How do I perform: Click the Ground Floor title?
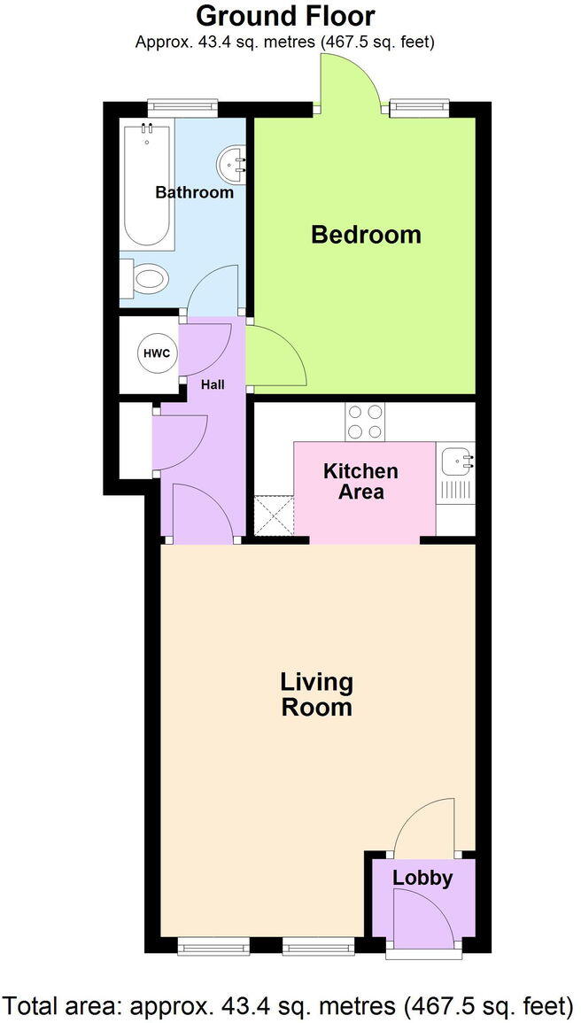point(284,16)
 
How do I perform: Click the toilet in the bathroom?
point(147,281)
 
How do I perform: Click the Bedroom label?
point(365,235)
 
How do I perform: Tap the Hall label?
point(212,384)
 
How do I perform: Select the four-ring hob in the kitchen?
point(366,422)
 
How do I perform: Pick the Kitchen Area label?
point(360,481)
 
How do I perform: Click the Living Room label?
point(316,694)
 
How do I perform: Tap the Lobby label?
point(422,879)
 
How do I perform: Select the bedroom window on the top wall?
point(419,107)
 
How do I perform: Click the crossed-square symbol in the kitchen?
point(274,516)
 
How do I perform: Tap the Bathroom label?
point(194,192)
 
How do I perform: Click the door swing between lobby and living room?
point(425,827)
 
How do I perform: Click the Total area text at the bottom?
point(290,1006)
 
